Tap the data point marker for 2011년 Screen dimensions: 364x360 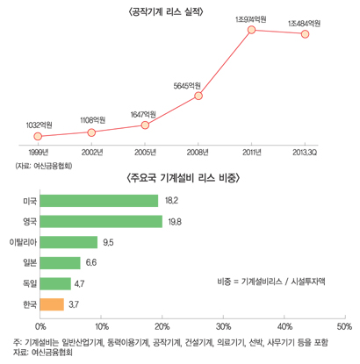[252, 31]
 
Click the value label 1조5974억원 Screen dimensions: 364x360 [253, 18]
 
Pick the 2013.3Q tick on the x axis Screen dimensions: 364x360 [305, 152]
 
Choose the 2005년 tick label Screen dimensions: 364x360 [144, 152]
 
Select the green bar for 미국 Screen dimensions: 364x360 [99, 201]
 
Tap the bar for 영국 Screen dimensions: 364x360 [104, 222]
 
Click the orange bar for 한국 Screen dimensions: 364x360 [52, 304]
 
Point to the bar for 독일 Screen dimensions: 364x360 [55, 283]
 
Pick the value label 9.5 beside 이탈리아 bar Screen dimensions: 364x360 [110, 242]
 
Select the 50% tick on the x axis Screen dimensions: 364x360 [343, 325]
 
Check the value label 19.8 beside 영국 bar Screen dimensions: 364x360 [172, 222]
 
